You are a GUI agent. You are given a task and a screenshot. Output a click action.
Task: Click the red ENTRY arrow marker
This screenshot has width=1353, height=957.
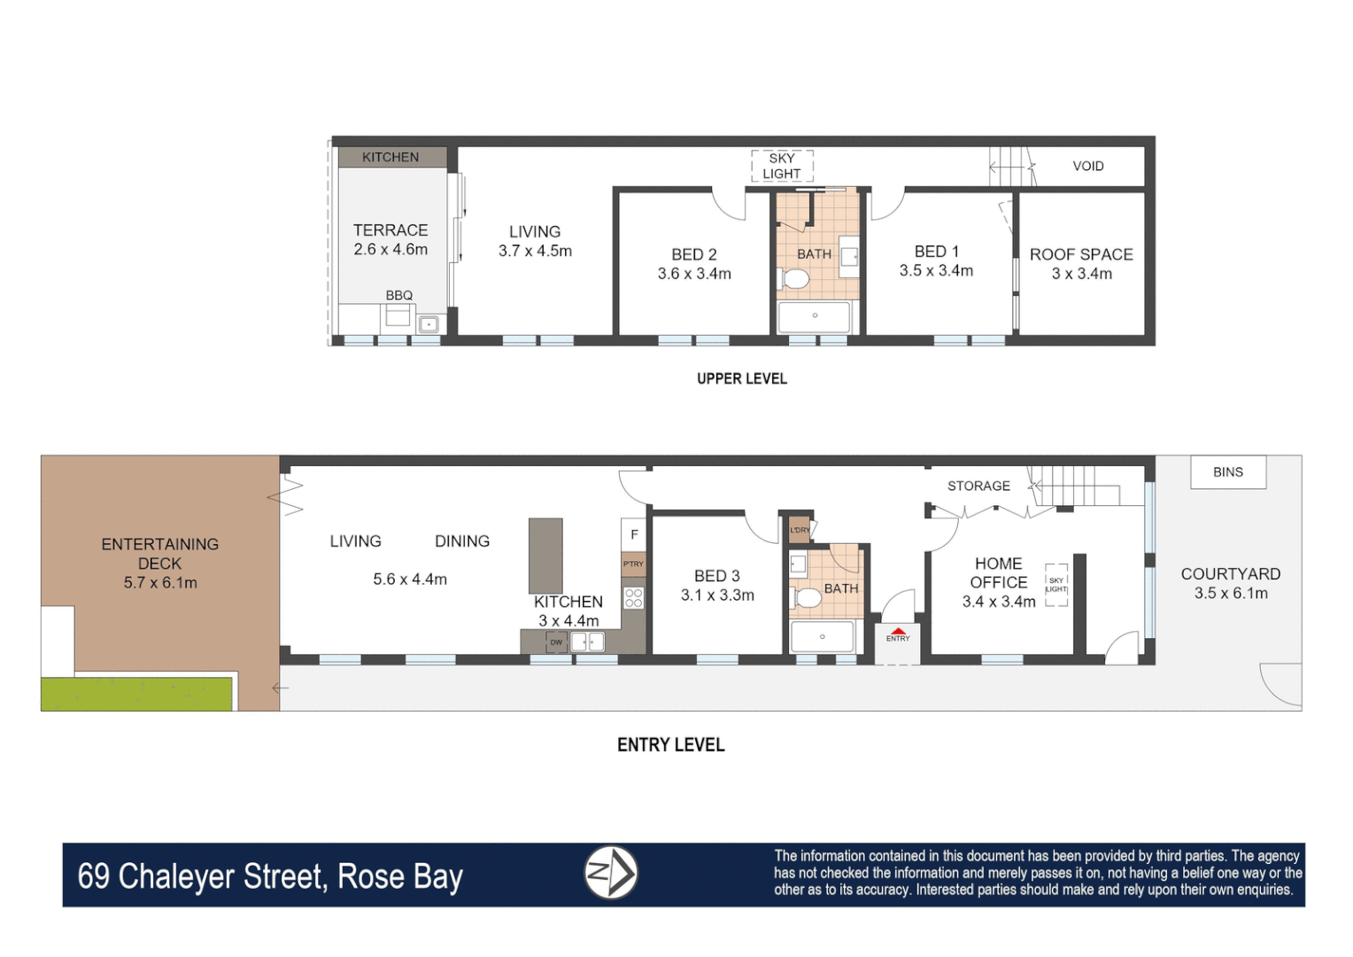coord(898,632)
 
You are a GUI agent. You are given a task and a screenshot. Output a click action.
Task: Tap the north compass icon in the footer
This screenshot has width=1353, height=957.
coord(611,873)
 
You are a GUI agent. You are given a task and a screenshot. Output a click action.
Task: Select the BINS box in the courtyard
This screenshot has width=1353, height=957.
coord(1227,472)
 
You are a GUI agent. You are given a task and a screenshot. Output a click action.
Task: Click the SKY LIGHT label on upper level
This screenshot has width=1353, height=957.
coord(782,166)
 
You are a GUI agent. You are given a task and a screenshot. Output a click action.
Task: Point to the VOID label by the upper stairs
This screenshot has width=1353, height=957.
coord(1087,166)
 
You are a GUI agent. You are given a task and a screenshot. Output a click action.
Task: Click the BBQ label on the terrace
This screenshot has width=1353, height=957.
coord(398,295)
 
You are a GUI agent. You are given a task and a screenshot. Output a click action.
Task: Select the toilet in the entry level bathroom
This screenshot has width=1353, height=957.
coord(807,598)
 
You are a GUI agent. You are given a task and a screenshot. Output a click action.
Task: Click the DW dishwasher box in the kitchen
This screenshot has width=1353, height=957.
coord(556,642)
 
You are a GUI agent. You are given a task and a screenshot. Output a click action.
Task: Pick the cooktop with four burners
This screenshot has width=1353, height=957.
coord(633,597)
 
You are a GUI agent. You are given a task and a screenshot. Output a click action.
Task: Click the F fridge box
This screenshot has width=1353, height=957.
coord(634,534)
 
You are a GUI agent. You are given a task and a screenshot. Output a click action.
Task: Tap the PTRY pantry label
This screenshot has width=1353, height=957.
coord(633,564)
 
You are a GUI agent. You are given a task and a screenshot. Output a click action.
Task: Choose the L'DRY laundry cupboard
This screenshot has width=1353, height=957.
coord(800,530)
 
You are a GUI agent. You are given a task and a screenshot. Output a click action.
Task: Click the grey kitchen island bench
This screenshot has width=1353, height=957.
coord(545,556)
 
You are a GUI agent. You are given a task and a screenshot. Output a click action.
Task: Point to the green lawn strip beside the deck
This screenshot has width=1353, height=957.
coord(137,693)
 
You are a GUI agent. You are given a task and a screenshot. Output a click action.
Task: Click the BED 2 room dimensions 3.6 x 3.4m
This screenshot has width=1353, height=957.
coord(694,274)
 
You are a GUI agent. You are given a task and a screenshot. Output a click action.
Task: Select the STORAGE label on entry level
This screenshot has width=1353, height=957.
coord(978,486)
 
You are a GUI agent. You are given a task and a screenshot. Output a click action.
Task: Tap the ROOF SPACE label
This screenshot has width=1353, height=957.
coord(1081,254)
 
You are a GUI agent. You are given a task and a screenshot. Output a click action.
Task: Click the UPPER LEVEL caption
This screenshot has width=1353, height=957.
coord(741,378)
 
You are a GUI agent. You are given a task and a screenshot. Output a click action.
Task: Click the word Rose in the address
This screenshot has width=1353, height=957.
coord(370,876)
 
